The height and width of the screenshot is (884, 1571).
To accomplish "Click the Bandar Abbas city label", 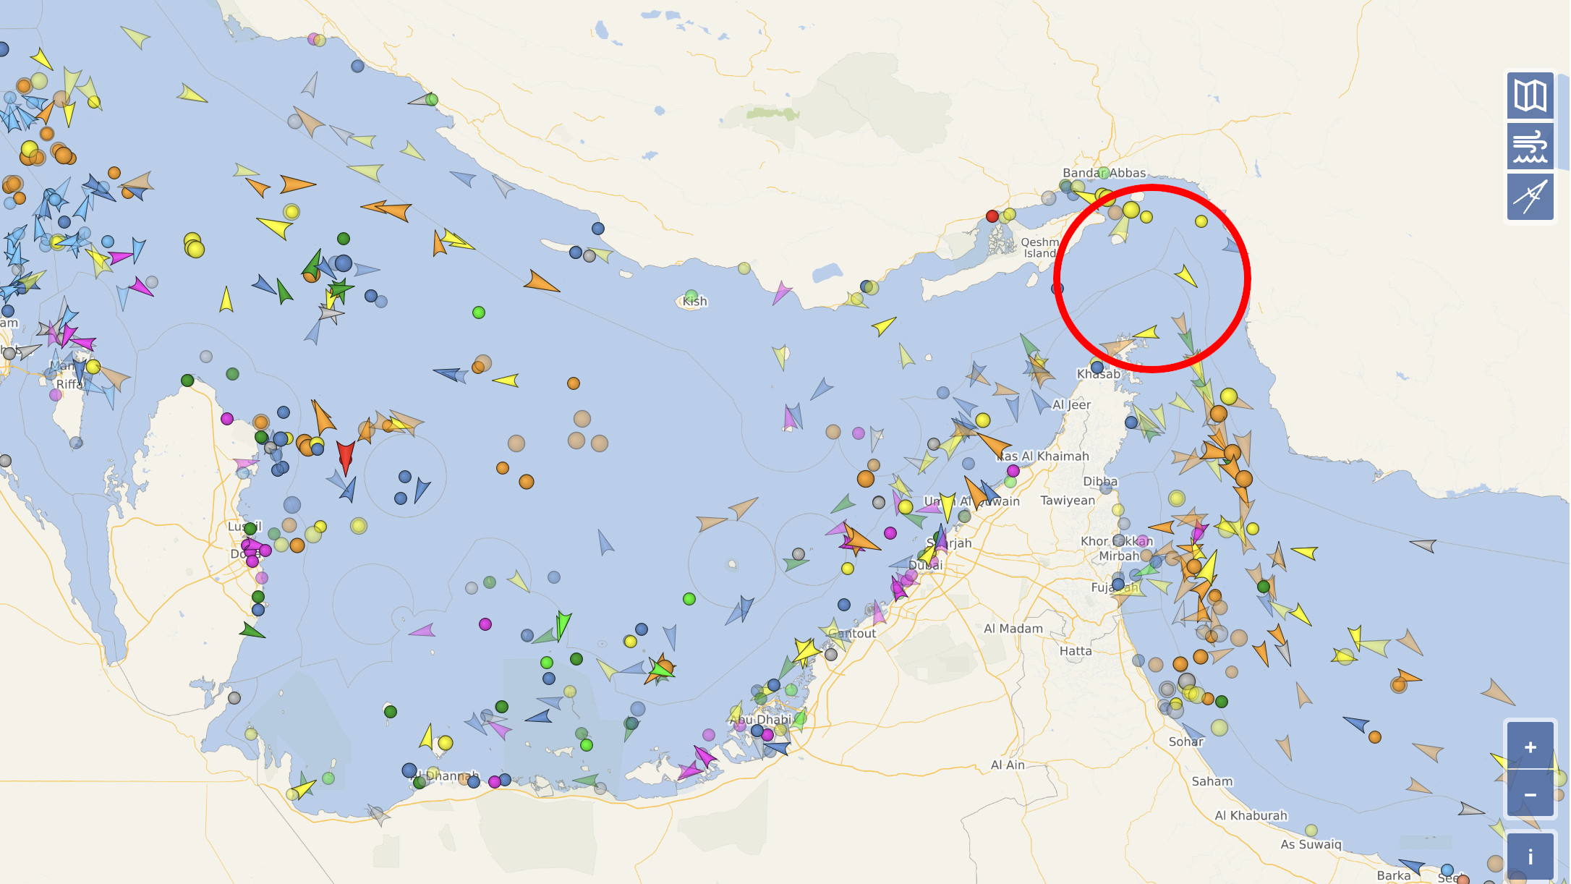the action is (x=1104, y=173).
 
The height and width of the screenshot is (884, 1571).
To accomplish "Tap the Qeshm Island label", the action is (x=1040, y=247).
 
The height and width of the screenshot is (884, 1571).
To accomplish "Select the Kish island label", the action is (x=694, y=301).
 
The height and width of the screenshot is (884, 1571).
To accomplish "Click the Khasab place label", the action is (x=1098, y=374).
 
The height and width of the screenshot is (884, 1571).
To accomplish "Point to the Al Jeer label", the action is (x=1071, y=404).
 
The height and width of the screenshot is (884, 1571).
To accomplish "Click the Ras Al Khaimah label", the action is (x=1043, y=456).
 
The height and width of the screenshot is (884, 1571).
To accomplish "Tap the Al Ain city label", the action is (x=1008, y=765).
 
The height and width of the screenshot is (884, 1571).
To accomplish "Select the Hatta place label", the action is (x=1076, y=651).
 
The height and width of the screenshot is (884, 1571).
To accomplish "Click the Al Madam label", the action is (x=1013, y=629).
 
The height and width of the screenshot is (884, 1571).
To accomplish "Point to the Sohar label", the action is (x=1186, y=741).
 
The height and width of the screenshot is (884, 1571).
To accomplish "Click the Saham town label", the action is (x=1212, y=781).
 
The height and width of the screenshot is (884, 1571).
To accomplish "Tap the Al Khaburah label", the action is (x=1251, y=815).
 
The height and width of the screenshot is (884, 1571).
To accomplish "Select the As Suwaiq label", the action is (x=1311, y=844).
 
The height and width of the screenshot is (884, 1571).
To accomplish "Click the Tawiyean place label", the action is (x=1068, y=500).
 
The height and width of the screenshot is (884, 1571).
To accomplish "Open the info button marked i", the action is (x=1530, y=857).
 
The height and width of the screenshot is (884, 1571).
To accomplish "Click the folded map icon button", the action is (x=1530, y=95).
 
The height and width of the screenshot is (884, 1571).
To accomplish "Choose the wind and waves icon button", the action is (x=1530, y=146).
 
